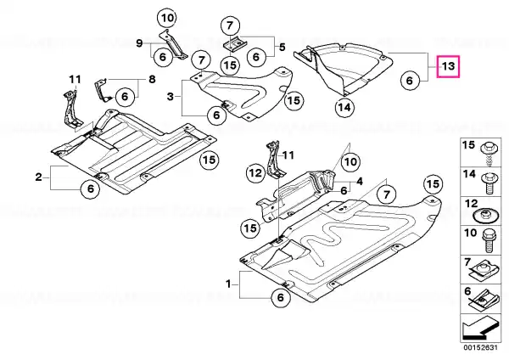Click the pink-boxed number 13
448,66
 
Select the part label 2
39,177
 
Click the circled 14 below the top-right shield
344,107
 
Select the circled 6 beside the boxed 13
410,81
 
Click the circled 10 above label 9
166,17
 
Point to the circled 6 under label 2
88,190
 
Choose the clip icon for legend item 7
484,269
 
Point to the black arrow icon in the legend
478,329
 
